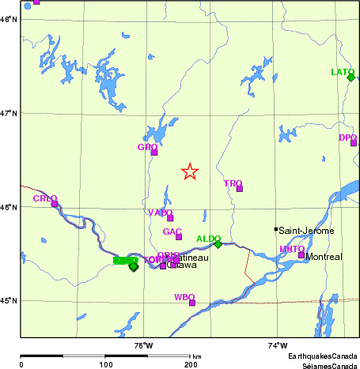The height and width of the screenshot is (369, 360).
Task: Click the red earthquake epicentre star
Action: coord(190,171)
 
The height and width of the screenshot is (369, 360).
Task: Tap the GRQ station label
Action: coord(147,147)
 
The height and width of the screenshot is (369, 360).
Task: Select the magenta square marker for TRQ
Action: coord(239,189)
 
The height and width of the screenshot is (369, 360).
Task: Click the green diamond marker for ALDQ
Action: coord(218,244)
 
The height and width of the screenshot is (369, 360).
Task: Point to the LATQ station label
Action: coord(342,72)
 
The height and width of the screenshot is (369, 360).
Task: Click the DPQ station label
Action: coord(347,137)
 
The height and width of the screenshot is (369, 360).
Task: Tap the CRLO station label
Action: coord(44,198)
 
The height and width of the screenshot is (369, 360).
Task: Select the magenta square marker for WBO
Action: coord(192,303)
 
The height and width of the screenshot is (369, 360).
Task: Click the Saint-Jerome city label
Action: coord(306,230)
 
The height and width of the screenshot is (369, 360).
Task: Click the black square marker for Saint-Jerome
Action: coord(276,229)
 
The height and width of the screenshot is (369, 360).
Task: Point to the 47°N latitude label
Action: coord(9,113)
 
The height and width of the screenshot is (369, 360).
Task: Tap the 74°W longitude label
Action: coord(278,345)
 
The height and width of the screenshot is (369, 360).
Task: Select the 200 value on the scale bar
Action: coord(190,364)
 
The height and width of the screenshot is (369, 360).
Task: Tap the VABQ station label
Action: coord(160,213)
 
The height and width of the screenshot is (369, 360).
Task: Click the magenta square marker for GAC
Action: coord(179,237)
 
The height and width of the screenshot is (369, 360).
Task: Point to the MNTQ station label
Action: coord(291,250)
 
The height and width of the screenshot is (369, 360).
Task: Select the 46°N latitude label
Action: coord(9,207)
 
